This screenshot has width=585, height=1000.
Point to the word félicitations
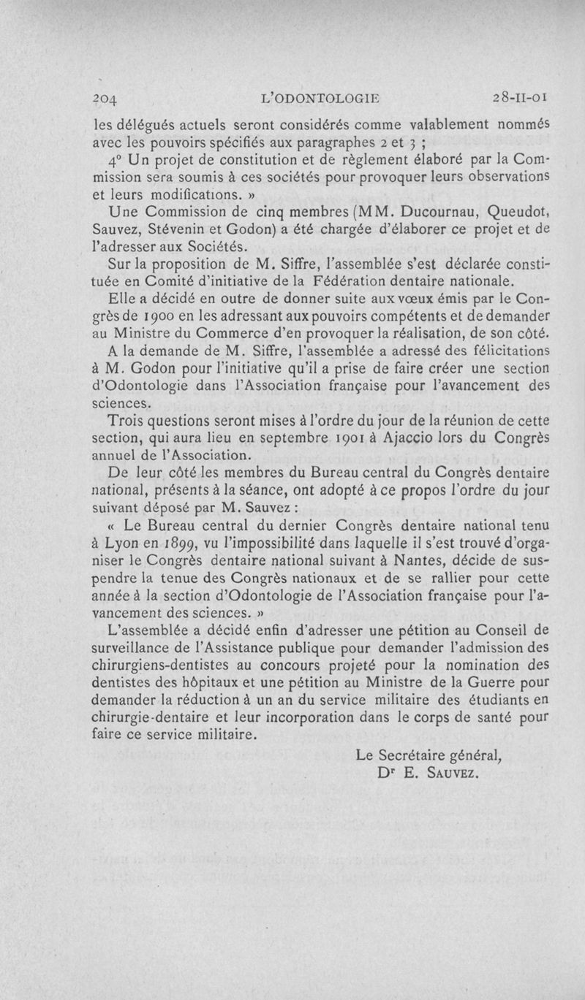(507, 351)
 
